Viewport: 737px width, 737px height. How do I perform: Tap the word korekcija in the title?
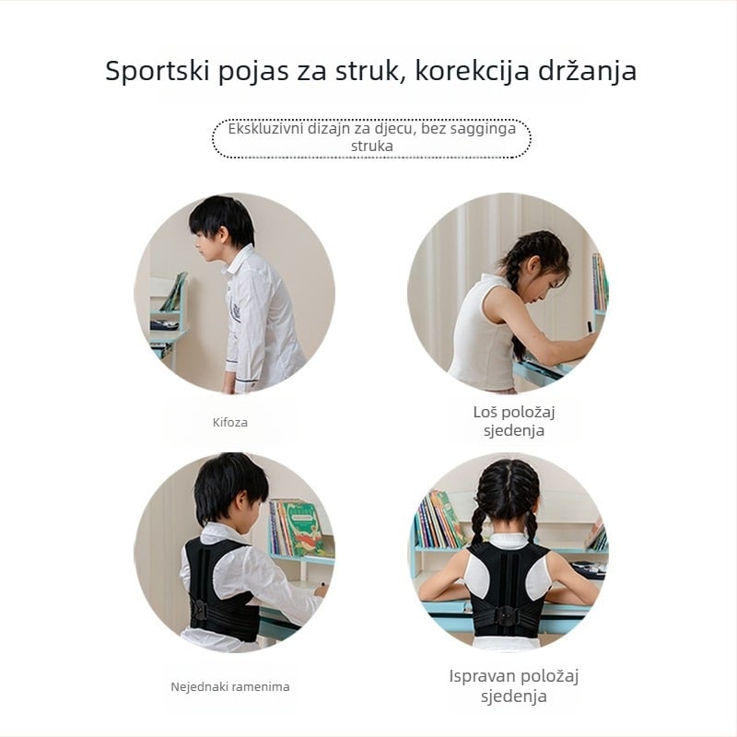(472, 72)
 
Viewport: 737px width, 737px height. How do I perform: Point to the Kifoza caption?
(229, 422)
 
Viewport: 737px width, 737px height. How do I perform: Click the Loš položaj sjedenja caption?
(514, 421)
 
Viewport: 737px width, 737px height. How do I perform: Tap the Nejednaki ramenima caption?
(229, 686)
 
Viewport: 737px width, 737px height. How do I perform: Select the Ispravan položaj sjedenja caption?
(514, 685)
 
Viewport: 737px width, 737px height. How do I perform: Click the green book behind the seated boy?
(303, 526)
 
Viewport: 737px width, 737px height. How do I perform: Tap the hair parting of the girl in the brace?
(509, 480)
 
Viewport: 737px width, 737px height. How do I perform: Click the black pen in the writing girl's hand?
(589, 325)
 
